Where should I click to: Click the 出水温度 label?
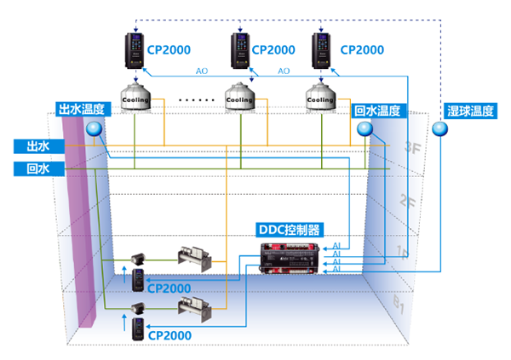[82, 109]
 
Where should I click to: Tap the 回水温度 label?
[377, 110]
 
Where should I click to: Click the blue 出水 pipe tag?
[32, 146]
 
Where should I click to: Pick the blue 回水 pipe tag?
[32, 169]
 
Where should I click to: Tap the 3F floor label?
[412, 147]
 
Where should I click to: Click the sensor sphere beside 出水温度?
[94, 129]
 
